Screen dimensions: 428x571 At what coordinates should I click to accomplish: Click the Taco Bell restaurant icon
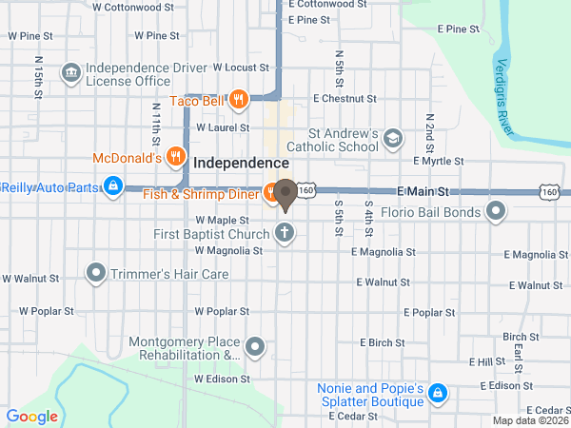click(x=238, y=98)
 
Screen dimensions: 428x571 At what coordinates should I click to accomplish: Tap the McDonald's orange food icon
click(x=174, y=156)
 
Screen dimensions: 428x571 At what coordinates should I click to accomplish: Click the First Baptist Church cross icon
click(x=284, y=232)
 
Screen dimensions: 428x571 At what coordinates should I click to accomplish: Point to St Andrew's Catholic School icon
click(x=392, y=141)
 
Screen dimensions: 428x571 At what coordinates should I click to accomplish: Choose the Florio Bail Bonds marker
click(x=496, y=211)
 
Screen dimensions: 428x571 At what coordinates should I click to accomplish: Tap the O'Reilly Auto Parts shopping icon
click(x=113, y=185)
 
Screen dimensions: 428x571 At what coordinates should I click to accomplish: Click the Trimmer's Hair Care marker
click(x=95, y=274)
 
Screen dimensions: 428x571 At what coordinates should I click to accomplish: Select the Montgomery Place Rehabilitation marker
click(x=255, y=347)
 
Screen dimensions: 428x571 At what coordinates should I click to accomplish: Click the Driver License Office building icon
click(x=69, y=73)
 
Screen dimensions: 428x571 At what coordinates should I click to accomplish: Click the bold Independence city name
click(x=241, y=164)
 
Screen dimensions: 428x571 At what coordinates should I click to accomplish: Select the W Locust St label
click(x=242, y=68)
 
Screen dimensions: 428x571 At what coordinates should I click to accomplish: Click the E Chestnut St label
click(x=345, y=98)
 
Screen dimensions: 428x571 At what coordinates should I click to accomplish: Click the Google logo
click(x=32, y=416)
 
